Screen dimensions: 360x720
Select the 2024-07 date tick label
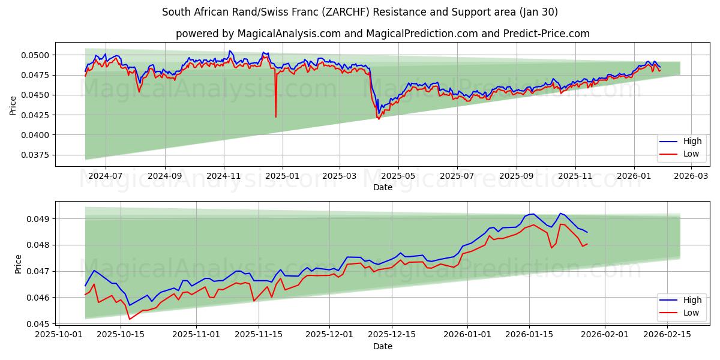[106, 176]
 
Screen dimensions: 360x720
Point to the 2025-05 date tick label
[398, 176]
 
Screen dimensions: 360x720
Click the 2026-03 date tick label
[691, 176]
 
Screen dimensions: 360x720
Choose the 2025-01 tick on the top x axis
[282, 176]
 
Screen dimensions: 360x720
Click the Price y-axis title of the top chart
[13, 105]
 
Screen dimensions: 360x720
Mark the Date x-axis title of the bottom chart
[383, 346]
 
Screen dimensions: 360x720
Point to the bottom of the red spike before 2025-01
[276, 116]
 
